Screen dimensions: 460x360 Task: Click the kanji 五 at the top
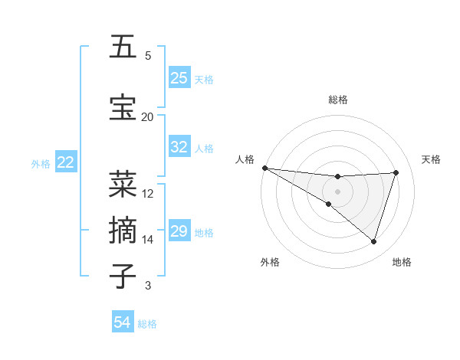tap(123, 47)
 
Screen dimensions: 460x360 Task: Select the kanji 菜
tap(123, 184)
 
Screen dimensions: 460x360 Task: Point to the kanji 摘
tap(123, 230)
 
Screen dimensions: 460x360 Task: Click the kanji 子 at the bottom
tap(123, 276)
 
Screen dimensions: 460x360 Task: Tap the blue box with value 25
tap(179, 78)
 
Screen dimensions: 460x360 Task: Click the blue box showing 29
tap(179, 231)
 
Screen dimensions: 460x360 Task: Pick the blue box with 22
tap(66, 162)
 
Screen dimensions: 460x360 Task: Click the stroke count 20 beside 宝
tap(147, 117)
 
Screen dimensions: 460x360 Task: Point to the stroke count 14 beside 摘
tap(147, 240)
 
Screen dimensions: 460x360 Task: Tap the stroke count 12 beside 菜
tap(148, 194)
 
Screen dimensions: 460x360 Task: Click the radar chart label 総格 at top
tap(337, 100)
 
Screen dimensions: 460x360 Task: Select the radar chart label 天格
tap(431, 159)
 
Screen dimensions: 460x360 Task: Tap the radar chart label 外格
tap(270, 262)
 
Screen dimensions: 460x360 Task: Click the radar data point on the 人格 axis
tap(264, 168)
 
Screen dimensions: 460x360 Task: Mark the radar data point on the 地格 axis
tap(374, 242)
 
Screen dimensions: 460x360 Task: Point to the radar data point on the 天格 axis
tap(396, 172)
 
